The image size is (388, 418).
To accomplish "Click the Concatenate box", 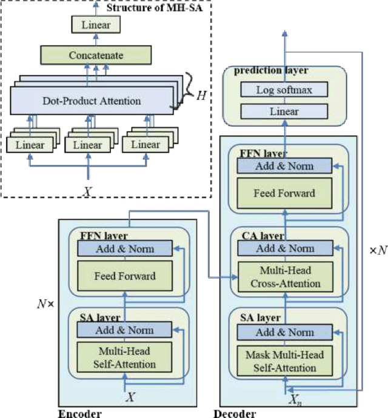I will [96, 55].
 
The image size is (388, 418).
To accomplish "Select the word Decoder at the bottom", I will [235, 413].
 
